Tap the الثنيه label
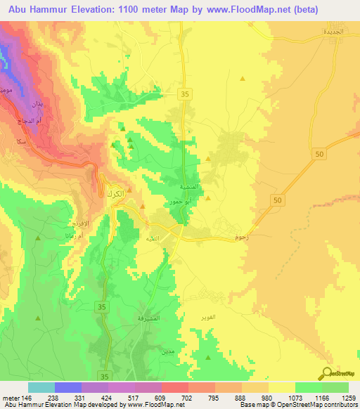[x=152, y=239]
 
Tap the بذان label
[x=38, y=104]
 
